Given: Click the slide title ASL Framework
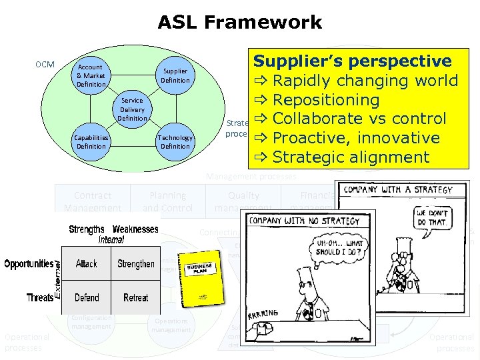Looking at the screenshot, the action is point(240,23).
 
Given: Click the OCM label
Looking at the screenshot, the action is point(45,65).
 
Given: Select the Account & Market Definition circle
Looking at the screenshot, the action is point(91,76).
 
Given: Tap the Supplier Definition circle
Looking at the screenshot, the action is point(175,75).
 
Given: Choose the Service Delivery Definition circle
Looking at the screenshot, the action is point(132,109).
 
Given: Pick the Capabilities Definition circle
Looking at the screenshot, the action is point(91,142).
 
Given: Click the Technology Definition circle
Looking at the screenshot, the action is point(175,142).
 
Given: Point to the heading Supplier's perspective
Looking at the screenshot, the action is point(352,61).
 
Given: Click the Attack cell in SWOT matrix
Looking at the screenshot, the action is point(87,264).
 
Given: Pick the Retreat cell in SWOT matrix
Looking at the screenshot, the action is point(136,297).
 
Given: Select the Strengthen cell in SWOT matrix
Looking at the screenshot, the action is point(136,264).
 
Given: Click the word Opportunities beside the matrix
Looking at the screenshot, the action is point(29,264).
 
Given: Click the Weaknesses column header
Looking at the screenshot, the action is point(136,229).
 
